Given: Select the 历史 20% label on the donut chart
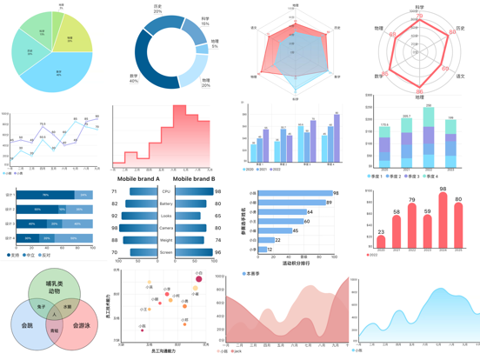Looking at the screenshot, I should [157, 9].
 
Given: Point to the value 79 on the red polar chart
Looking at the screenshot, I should [420, 16].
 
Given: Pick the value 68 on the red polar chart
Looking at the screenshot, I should [392, 35].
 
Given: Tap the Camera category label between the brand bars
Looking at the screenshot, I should [166, 227].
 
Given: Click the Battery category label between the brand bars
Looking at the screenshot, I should [166, 203].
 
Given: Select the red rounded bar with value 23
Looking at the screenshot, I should [381, 244].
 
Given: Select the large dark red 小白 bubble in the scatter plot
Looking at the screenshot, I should [198, 279].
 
